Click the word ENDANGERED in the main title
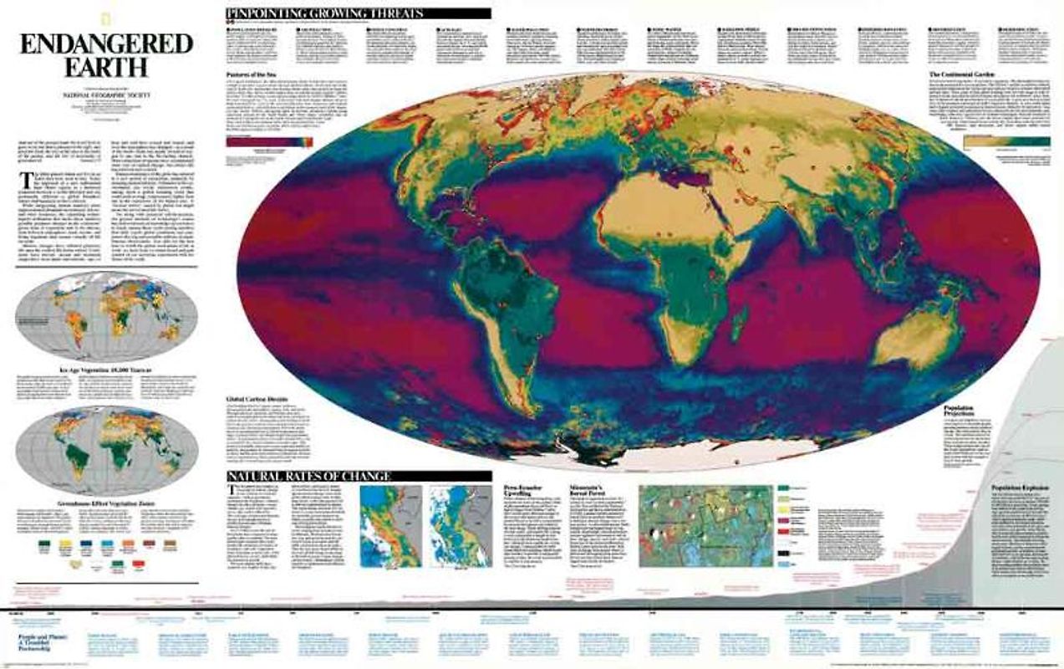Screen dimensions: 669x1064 [x=106, y=43]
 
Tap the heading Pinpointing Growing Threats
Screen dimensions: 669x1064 [x=324, y=13]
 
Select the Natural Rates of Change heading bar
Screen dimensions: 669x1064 [x=308, y=477]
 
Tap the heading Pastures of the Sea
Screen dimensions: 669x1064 [x=253, y=76]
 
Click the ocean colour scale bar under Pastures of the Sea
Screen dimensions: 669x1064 [x=269, y=141]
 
